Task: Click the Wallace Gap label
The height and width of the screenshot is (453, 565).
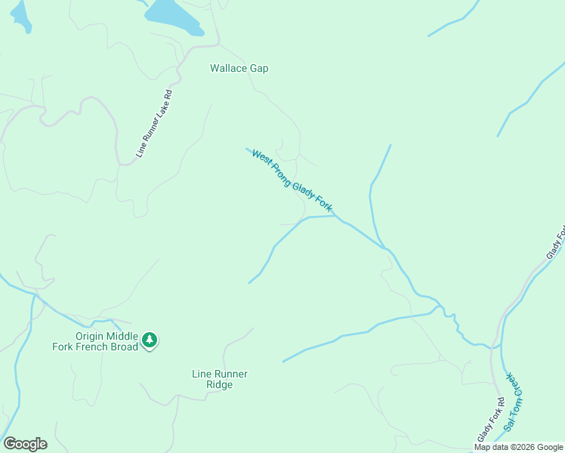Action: pos(239,68)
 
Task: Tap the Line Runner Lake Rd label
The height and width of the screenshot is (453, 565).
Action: pos(155,124)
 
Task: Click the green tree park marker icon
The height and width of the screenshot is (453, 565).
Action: pos(150,341)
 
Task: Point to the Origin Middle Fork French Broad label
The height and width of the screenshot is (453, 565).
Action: pos(107,341)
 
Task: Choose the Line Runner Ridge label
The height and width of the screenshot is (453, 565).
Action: pos(220,379)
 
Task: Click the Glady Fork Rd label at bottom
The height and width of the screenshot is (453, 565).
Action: pos(489,420)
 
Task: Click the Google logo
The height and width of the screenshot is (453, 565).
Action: pos(25,444)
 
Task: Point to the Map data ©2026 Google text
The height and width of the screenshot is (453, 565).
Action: pos(518,447)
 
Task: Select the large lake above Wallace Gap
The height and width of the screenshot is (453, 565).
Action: pos(173,15)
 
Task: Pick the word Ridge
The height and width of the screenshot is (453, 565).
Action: pos(220,384)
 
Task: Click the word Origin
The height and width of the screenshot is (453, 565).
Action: pos(88,336)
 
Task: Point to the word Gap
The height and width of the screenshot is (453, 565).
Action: pos(259,68)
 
